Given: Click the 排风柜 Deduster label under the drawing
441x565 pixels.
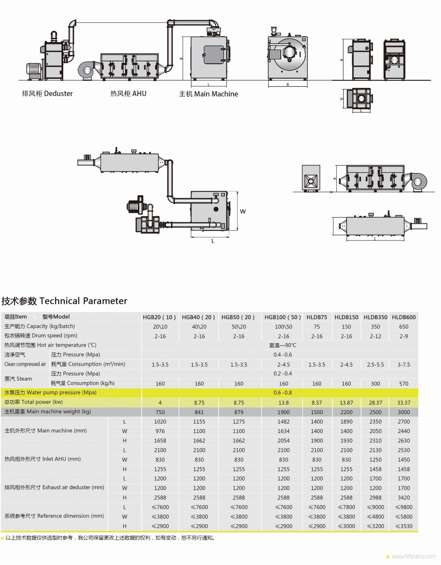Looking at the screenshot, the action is point(47,94).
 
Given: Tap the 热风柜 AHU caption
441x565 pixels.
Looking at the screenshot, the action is point(128,94).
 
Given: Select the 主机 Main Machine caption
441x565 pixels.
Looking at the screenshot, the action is point(208,94).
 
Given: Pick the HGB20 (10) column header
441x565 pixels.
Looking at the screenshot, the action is point(159,317).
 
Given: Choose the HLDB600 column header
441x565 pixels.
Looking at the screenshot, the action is point(404,317).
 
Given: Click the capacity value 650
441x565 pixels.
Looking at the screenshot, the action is point(404,326).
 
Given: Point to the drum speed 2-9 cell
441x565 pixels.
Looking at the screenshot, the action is point(404,336).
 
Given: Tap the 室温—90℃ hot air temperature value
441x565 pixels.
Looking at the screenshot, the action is point(283,345).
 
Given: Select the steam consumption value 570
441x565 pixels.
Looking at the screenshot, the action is point(404,384).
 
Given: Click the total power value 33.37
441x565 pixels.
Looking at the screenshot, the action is point(404,403).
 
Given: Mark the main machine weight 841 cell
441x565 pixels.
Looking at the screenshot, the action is point(199,412).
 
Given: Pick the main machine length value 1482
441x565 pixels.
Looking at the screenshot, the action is point(283,421).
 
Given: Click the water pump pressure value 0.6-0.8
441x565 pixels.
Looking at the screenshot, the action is point(283,393).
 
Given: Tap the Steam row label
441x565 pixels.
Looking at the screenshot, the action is point(18,378).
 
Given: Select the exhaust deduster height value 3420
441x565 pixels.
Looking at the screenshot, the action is point(404,497).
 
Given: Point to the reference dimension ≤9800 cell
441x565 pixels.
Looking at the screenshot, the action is point(404,507).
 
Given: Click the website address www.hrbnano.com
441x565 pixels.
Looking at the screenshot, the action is point(414,556).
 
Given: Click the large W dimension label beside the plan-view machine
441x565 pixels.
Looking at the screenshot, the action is point(243,212).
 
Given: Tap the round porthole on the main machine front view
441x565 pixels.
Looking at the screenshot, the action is point(289,52).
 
